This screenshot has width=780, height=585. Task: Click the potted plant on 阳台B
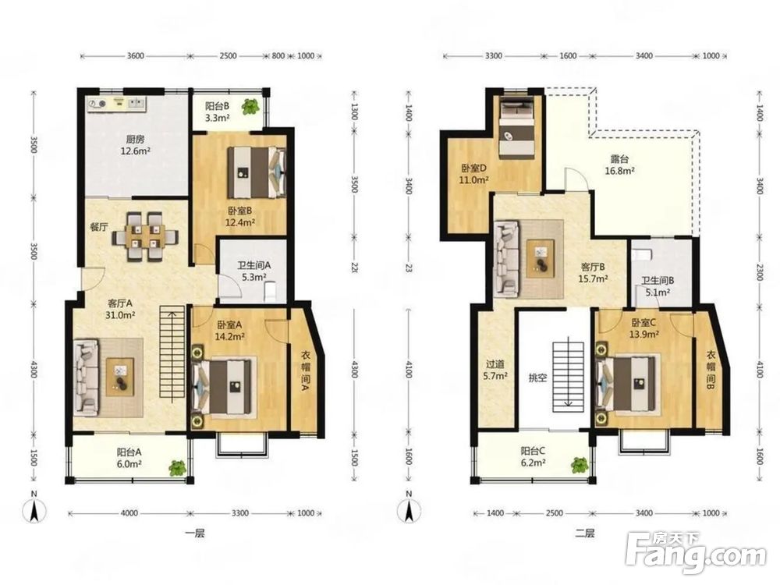(250, 106)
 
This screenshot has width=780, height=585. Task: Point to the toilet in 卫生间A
(271, 290)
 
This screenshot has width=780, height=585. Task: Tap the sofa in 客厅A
(87, 377)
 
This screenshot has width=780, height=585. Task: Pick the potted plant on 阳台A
(178, 467)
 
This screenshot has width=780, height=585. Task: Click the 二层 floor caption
(585, 534)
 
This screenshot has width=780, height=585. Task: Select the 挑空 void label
(537, 378)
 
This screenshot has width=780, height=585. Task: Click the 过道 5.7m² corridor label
(496, 370)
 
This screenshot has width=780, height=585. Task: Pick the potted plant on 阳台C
(580, 465)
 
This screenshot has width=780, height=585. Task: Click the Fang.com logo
(696, 553)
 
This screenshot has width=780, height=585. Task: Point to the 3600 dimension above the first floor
(135, 55)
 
